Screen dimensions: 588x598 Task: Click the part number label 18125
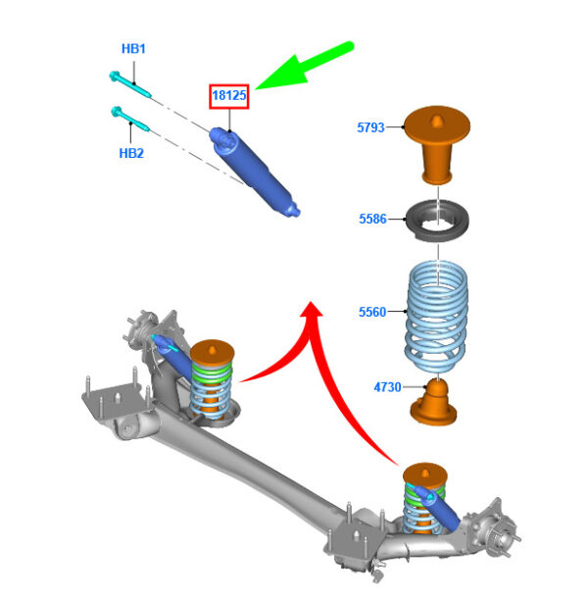tap(228, 95)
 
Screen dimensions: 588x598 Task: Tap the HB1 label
tap(133, 49)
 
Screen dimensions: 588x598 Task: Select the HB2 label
tap(131, 153)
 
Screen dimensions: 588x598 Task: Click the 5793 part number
tap(370, 127)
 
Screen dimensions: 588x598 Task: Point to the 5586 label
tap(372, 219)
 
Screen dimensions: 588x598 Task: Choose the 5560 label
tap(372, 312)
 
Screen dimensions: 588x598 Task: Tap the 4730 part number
tap(387, 387)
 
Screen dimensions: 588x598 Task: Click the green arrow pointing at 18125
tap(305, 67)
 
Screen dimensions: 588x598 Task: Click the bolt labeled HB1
tap(129, 84)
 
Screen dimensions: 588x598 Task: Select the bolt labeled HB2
tap(129, 119)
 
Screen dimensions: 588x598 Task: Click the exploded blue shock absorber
tap(255, 173)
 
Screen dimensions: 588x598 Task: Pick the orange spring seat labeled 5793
tap(437, 144)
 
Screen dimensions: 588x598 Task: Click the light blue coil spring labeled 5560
tap(437, 316)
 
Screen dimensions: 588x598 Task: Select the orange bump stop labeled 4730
tap(434, 401)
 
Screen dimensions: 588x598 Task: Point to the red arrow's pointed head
tap(312, 309)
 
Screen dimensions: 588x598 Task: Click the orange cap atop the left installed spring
tap(213, 352)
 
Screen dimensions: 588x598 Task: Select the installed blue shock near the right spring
tap(438, 508)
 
